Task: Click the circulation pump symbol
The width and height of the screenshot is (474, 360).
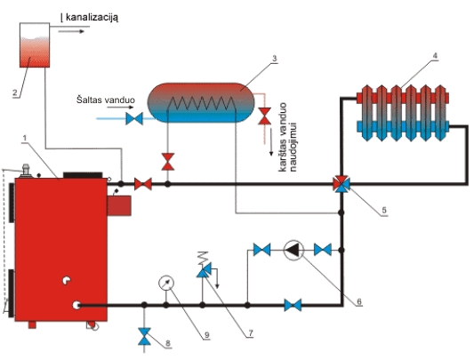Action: point(293,250)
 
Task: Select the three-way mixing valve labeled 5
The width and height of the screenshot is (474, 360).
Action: point(341,183)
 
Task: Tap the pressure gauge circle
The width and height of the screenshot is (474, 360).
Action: point(166,283)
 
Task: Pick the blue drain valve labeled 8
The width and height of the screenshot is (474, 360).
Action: point(144,336)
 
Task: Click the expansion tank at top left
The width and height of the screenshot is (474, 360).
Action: point(35,45)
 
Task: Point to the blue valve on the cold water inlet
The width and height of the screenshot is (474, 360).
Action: point(134,118)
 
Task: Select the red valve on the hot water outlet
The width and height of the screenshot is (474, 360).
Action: point(264,116)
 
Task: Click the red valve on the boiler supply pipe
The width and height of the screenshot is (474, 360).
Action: point(143,184)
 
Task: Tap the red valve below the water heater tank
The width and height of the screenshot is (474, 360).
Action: point(168,162)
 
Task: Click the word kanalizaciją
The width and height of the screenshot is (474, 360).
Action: point(92,18)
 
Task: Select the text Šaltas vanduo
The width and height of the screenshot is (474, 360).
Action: point(106,100)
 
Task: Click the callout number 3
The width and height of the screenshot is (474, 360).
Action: point(274,59)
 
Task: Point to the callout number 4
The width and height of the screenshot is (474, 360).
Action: point(435,56)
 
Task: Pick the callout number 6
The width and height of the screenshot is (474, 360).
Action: point(359,301)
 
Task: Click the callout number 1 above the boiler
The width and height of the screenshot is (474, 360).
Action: point(25,138)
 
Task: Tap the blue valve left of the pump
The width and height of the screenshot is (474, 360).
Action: point(261,250)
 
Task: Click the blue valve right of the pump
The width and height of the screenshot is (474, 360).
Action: point(323,250)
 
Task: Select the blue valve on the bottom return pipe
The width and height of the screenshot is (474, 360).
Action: point(293,305)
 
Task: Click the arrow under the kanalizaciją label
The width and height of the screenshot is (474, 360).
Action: point(71,31)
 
